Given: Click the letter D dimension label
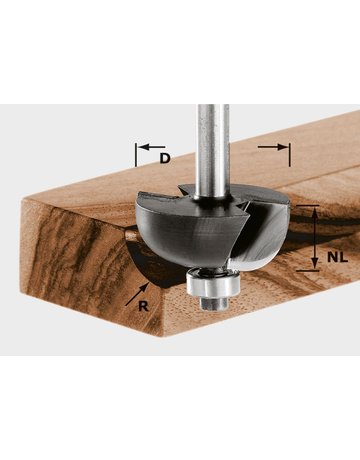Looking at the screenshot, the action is tap(165, 158).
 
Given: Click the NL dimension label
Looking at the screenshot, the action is tap(337, 257).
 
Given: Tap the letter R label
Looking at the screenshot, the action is tap(143, 306).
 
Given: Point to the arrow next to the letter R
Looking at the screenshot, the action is tap(137, 294).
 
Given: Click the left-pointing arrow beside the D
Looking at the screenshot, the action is tap(152, 147).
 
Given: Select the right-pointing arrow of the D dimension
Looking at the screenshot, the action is tap(272, 147).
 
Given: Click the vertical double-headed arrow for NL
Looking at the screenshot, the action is tap(314, 238).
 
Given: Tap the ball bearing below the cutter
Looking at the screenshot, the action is tap(213, 282).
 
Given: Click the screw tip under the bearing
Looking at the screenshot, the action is tap(214, 303).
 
